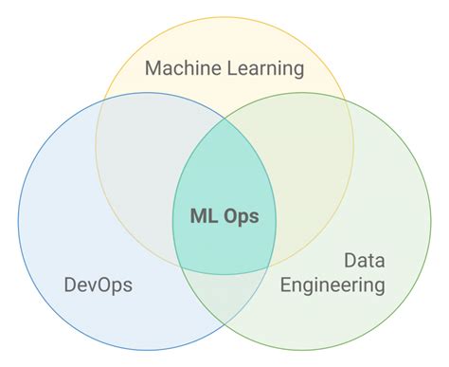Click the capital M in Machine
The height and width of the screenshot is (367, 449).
tap(153, 69)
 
